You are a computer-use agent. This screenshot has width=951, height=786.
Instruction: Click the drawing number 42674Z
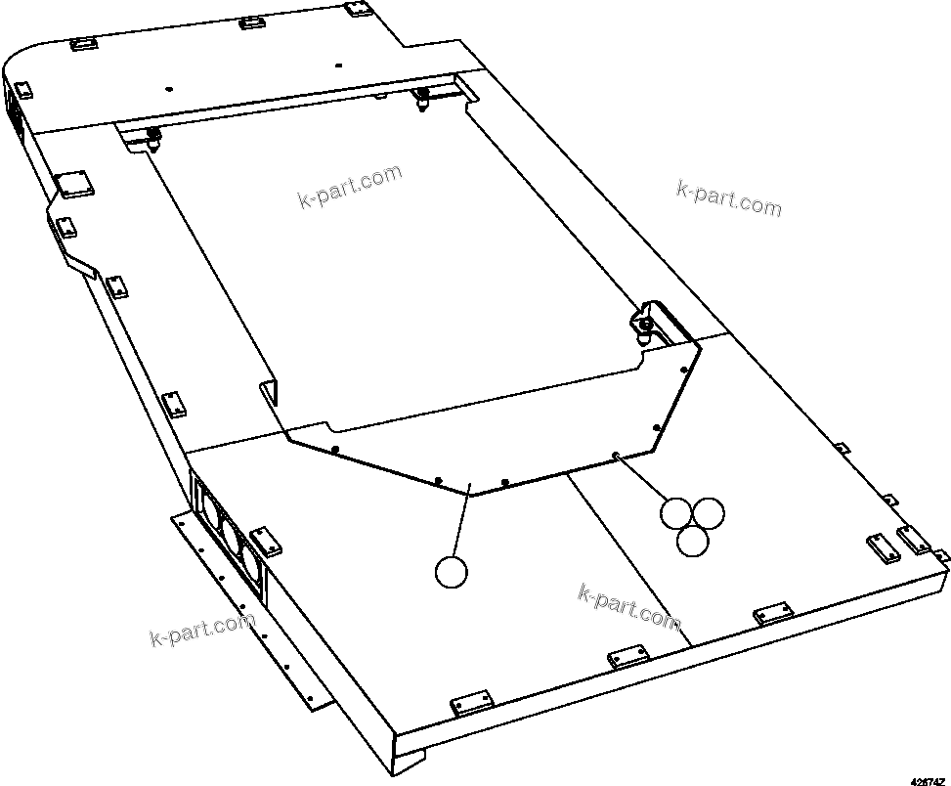928,779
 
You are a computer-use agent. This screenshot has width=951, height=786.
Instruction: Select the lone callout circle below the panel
452,572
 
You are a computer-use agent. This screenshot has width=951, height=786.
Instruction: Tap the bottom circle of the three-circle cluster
693,541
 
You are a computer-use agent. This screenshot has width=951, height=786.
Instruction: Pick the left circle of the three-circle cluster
676,513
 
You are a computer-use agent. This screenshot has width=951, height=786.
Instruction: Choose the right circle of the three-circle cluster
709,513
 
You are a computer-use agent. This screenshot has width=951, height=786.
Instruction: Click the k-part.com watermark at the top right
728,196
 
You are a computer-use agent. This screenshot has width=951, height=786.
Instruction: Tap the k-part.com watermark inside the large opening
349,187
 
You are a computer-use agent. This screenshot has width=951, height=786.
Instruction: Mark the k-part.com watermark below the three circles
629,606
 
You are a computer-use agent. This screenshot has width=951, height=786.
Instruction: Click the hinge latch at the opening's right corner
646,322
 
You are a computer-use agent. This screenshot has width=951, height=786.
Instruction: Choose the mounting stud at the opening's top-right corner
423,97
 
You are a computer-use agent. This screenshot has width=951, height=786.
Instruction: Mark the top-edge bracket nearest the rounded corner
81,44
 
